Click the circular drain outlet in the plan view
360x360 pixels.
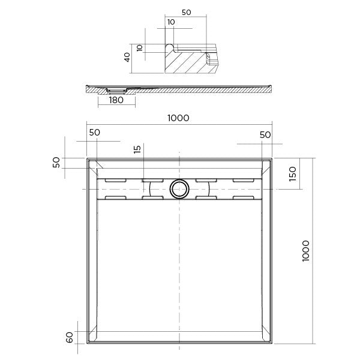(x=179, y=188)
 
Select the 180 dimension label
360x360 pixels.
(x=116, y=100)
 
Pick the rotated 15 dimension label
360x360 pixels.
(x=137, y=150)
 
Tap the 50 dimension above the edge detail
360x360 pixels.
(x=186, y=11)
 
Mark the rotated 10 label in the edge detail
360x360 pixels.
(x=140, y=47)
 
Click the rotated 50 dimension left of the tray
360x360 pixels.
(x=56, y=163)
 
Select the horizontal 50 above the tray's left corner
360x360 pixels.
(x=95, y=133)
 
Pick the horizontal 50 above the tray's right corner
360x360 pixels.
(x=265, y=134)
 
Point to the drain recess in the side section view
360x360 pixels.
(x=116, y=90)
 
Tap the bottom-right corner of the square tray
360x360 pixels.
(x=273, y=343)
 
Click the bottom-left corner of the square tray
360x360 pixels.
(x=87, y=343)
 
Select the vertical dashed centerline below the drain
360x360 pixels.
(x=179, y=270)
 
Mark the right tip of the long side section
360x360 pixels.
(x=273, y=87)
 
